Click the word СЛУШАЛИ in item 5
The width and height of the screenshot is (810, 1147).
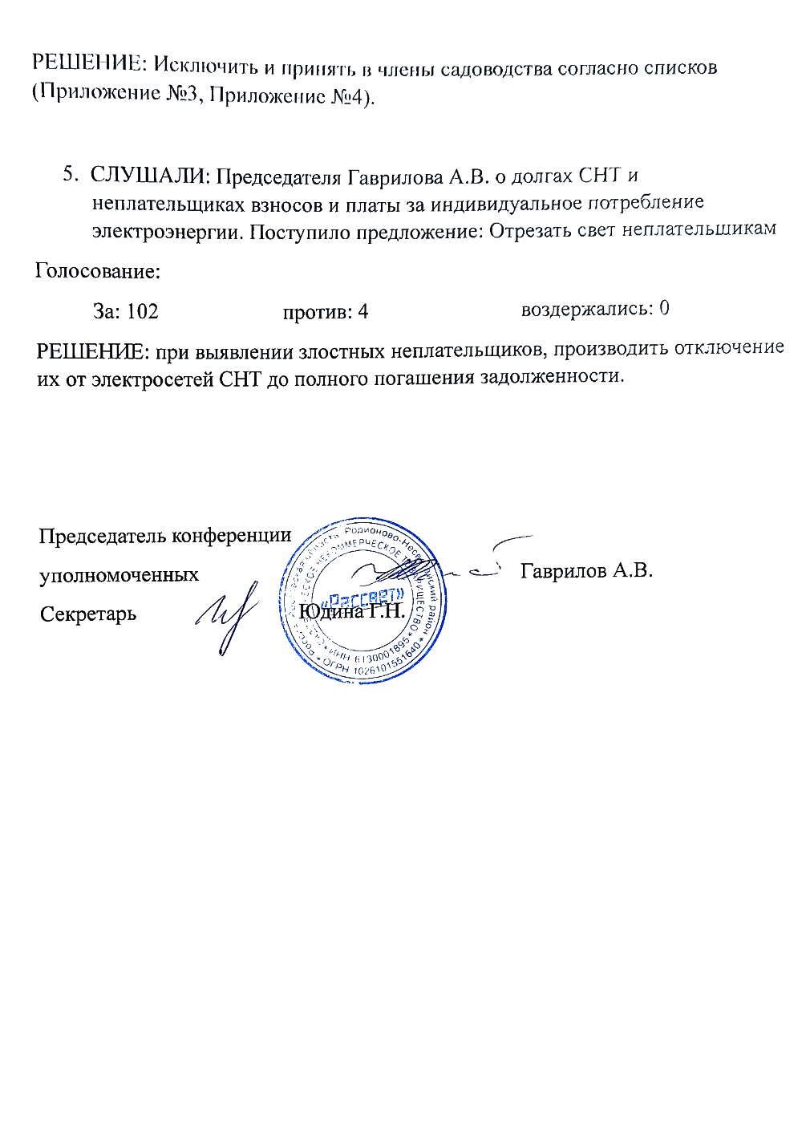pyautogui.click(x=149, y=176)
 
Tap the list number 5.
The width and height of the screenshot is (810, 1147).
pyautogui.click(x=71, y=175)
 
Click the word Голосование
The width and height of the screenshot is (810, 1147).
pyautogui.click(x=98, y=271)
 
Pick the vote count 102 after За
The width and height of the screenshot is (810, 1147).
pyautogui.click(x=143, y=311)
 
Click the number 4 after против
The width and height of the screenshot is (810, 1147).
pyautogui.click(x=363, y=312)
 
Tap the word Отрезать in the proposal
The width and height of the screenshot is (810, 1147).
pyautogui.click(x=530, y=231)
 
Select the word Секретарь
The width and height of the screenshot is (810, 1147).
pyautogui.click(x=88, y=614)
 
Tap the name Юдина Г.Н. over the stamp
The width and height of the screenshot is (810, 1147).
pyautogui.click(x=352, y=612)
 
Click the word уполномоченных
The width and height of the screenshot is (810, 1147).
pyautogui.click(x=119, y=575)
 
